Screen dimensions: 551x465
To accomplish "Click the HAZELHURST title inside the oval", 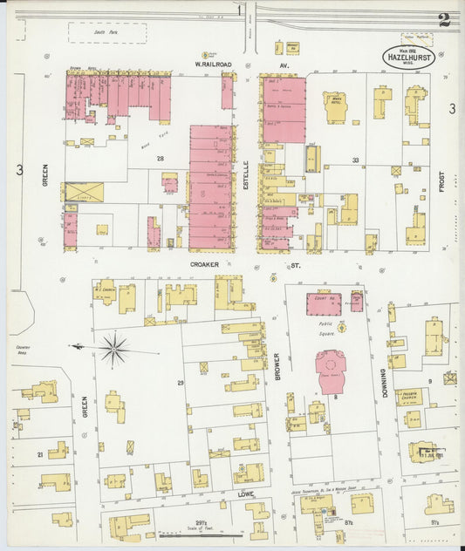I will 407,58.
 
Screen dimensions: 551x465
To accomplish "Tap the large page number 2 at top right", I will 444,20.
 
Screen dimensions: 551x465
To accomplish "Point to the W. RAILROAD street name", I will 213,64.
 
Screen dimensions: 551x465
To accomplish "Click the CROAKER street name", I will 210,261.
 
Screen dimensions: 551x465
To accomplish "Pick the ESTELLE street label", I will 247,167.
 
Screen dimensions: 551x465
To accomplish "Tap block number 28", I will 160,158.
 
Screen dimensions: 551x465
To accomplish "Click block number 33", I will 355,160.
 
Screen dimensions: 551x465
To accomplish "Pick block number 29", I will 181,383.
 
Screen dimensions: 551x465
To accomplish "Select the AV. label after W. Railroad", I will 283,64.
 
